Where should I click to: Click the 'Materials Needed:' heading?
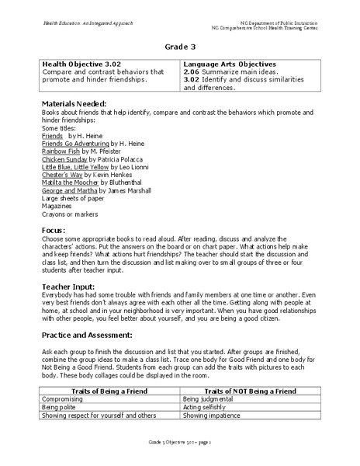[x=76, y=103]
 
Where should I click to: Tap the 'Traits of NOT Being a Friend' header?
[x=248, y=391]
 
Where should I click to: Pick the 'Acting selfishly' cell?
[x=209, y=407]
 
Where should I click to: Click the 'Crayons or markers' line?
[x=71, y=215]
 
